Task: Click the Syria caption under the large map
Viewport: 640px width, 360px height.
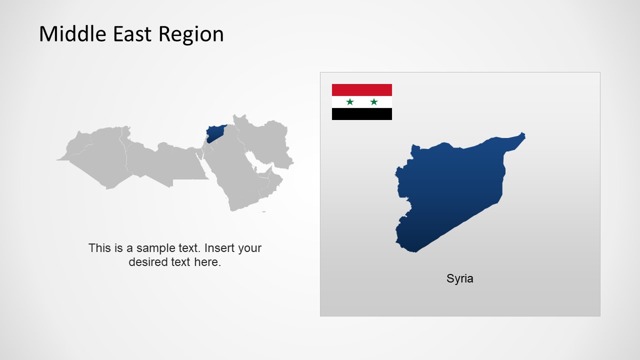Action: point(459,278)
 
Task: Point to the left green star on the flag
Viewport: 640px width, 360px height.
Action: point(350,102)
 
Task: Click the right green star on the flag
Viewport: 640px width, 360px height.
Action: point(374,102)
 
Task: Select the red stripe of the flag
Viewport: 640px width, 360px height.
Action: point(362,90)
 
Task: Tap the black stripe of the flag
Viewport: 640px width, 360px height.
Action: point(362,114)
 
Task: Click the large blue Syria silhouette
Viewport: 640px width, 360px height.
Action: point(450,190)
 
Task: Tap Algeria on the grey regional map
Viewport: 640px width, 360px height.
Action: point(100,155)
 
